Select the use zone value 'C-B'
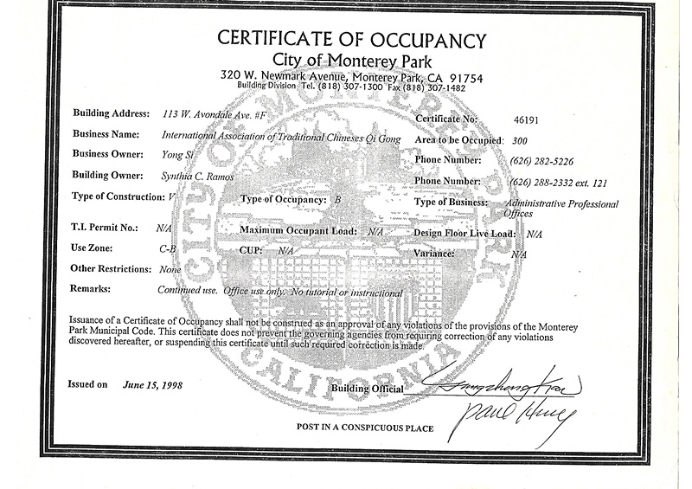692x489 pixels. click(166, 250)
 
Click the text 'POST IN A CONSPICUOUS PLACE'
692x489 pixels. click(364, 428)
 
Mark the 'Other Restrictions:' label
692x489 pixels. click(110, 268)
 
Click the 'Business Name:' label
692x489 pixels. click(108, 135)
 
